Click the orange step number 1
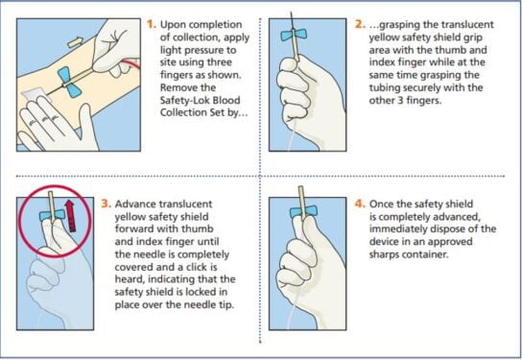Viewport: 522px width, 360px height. [152, 24]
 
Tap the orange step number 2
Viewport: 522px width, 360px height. [360, 24]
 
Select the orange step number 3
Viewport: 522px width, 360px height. [106, 204]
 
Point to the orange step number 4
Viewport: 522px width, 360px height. [360, 204]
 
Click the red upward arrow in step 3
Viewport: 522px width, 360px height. [70, 215]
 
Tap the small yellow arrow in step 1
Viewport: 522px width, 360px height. [74, 42]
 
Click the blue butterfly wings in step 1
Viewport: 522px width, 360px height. [69, 82]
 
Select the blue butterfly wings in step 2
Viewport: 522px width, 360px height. [294, 35]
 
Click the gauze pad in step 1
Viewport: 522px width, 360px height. [33, 94]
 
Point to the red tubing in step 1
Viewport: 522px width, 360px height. [130, 63]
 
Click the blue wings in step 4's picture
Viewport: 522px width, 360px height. [303, 212]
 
